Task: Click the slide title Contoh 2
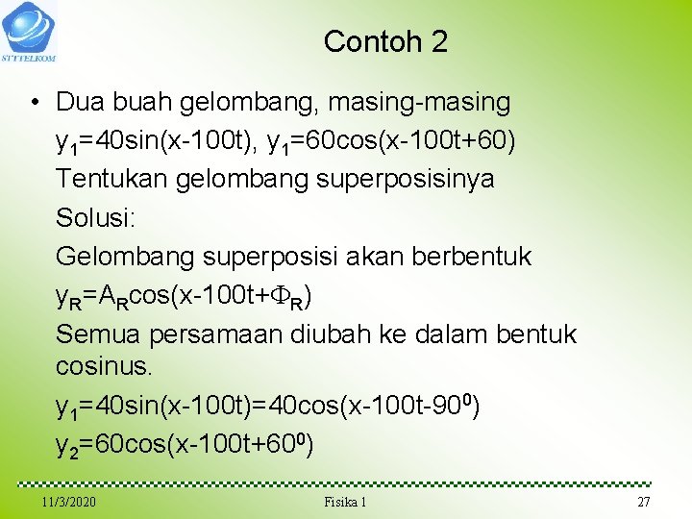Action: (385, 41)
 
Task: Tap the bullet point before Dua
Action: (34, 102)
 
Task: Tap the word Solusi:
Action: (96, 217)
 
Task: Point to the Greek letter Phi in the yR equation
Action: (280, 296)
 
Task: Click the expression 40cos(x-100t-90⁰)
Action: (374, 407)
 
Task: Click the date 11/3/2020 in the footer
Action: (69, 503)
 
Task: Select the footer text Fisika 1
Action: (345, 503)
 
